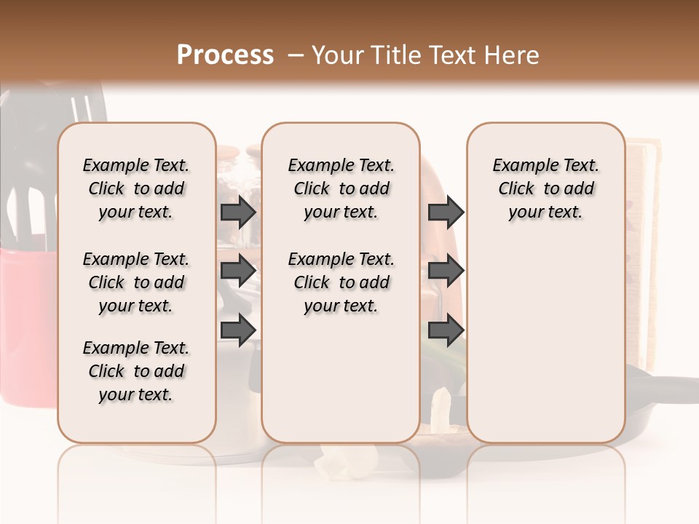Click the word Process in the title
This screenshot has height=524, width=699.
pos(225,55)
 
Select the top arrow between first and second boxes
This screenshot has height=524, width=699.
pos(238,212)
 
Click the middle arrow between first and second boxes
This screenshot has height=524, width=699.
pos(238,271)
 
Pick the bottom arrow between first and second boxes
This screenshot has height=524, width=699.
pos(238,330)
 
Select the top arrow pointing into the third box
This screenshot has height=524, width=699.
pos(446,212)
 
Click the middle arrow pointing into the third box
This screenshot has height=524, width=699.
pos(446,271)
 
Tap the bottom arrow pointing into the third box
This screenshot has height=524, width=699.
pos(446,330)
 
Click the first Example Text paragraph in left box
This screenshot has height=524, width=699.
pos(136,188)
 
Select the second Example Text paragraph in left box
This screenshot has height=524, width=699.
pos(136,282)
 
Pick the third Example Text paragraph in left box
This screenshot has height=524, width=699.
pos(136,371)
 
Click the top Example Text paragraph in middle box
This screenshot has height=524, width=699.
pos(341,188)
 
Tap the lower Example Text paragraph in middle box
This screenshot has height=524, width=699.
pos(341,282)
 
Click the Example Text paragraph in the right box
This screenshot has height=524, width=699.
pos(545,188)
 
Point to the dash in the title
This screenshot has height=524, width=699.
pos(295,55)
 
